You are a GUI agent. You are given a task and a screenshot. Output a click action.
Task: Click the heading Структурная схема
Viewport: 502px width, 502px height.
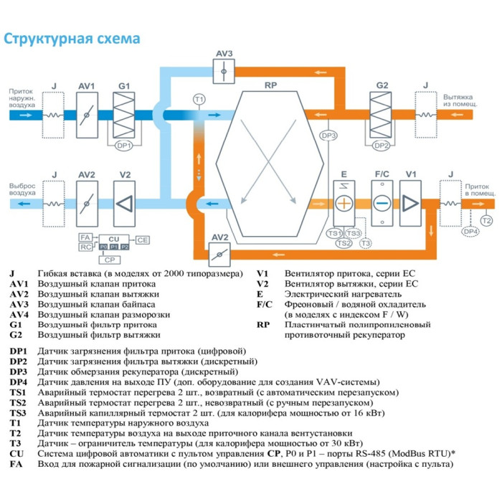72,38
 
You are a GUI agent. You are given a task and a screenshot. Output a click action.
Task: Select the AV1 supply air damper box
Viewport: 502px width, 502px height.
87,114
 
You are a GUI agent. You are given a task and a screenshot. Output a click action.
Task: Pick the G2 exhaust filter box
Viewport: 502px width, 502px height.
382,114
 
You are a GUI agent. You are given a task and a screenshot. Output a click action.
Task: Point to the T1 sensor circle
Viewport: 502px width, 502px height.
199,98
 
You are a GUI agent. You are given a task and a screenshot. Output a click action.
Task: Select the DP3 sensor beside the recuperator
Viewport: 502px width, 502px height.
328,136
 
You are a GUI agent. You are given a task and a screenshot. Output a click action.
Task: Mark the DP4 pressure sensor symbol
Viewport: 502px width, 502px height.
470,232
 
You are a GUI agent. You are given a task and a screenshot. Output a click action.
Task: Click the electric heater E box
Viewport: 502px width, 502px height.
344,203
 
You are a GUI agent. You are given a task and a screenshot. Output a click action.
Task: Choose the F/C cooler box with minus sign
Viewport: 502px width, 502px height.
382,203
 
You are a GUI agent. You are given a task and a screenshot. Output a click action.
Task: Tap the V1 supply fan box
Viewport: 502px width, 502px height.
411,203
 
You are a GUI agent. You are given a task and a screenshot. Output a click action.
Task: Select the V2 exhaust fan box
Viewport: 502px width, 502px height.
125,203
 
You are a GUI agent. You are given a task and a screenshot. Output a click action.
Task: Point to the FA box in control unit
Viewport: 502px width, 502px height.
84,237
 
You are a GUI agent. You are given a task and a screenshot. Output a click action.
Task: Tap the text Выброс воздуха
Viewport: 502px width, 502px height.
22,189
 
